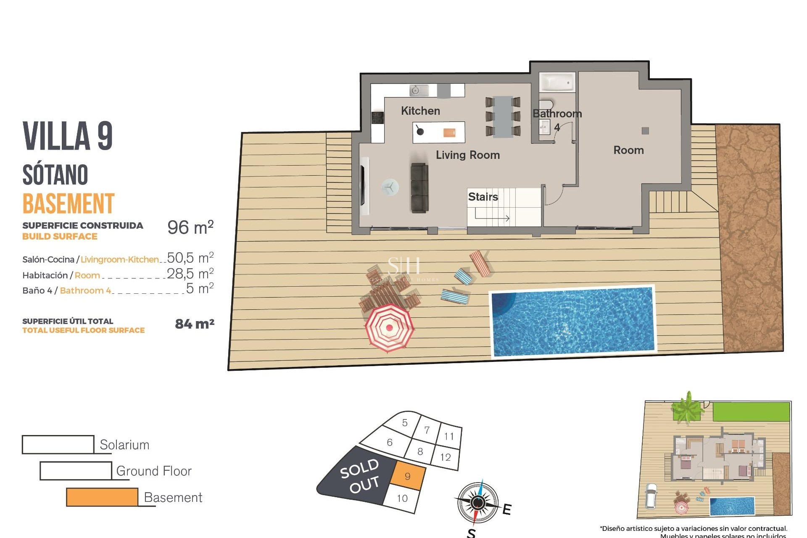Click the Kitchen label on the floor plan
[x=420, y=111]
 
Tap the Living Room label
[x=467, y=155]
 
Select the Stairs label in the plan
[x=483, y=197]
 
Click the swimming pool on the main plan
[x=573, y=322]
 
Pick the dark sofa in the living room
[x=419, y=188]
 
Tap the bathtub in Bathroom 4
[x=556, y=82]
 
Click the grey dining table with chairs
[x=503, y=117]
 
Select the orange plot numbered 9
[x=408, y=476]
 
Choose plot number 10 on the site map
[x=402, y=498]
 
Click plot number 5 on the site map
[x=405, y=423]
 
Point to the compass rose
[x=477, y=503]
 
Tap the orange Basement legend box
[x=102, y=497]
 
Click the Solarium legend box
[x=58, y=445]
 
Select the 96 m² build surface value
[x=190, y=227]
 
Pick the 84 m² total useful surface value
[x=195, y=324]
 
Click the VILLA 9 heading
[x=68, y=136]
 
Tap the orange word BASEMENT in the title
[x=69, y=204]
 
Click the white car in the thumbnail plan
[x=651, y=496]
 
